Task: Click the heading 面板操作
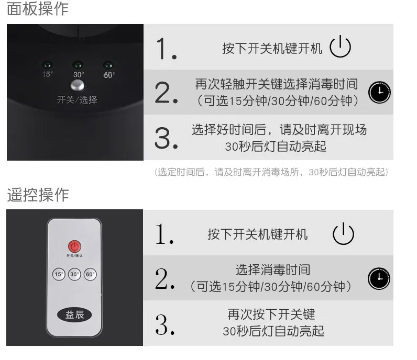tap(38, 9)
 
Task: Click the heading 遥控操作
tap(38, 195)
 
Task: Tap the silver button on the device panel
tap(78, 86)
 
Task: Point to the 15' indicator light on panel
tap(48, 65)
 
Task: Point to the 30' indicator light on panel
tap(78, 65)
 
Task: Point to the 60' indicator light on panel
tap(108, 65)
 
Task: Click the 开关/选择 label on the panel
tap(77, 99)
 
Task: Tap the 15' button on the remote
tap(59, 274)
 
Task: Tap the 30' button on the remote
tap(74, 274)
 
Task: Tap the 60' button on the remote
tap(90, 274)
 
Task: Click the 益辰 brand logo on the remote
tap(74, 314)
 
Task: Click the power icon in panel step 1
tap(340, 48)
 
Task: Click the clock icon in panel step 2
tap(380, 92)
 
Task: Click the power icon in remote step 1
tap(343, 234)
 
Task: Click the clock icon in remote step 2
tap(379, 278)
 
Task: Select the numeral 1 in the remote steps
tap(164, 234)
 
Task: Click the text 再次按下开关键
tap(271, 314)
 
